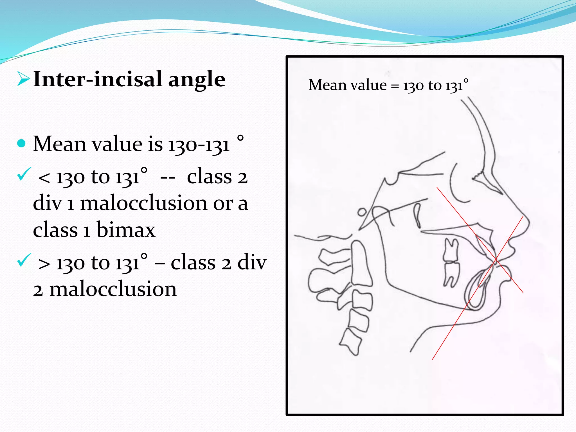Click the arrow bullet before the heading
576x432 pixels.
pyautogui.click(x=23, y=79)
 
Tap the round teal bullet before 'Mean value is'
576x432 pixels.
pyautogui.click(x=21, y=143)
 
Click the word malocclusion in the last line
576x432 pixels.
pyautogui.click(x=113, y=289)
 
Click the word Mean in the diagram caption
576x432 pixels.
pyautogui.click(x=327, y=85)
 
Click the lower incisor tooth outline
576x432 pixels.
pyautogui.click(x=478, y=290)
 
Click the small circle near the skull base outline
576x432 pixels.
pyautogui.click(x=362, y=212)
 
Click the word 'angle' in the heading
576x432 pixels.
pyautogui.click(x=197, y=79)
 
